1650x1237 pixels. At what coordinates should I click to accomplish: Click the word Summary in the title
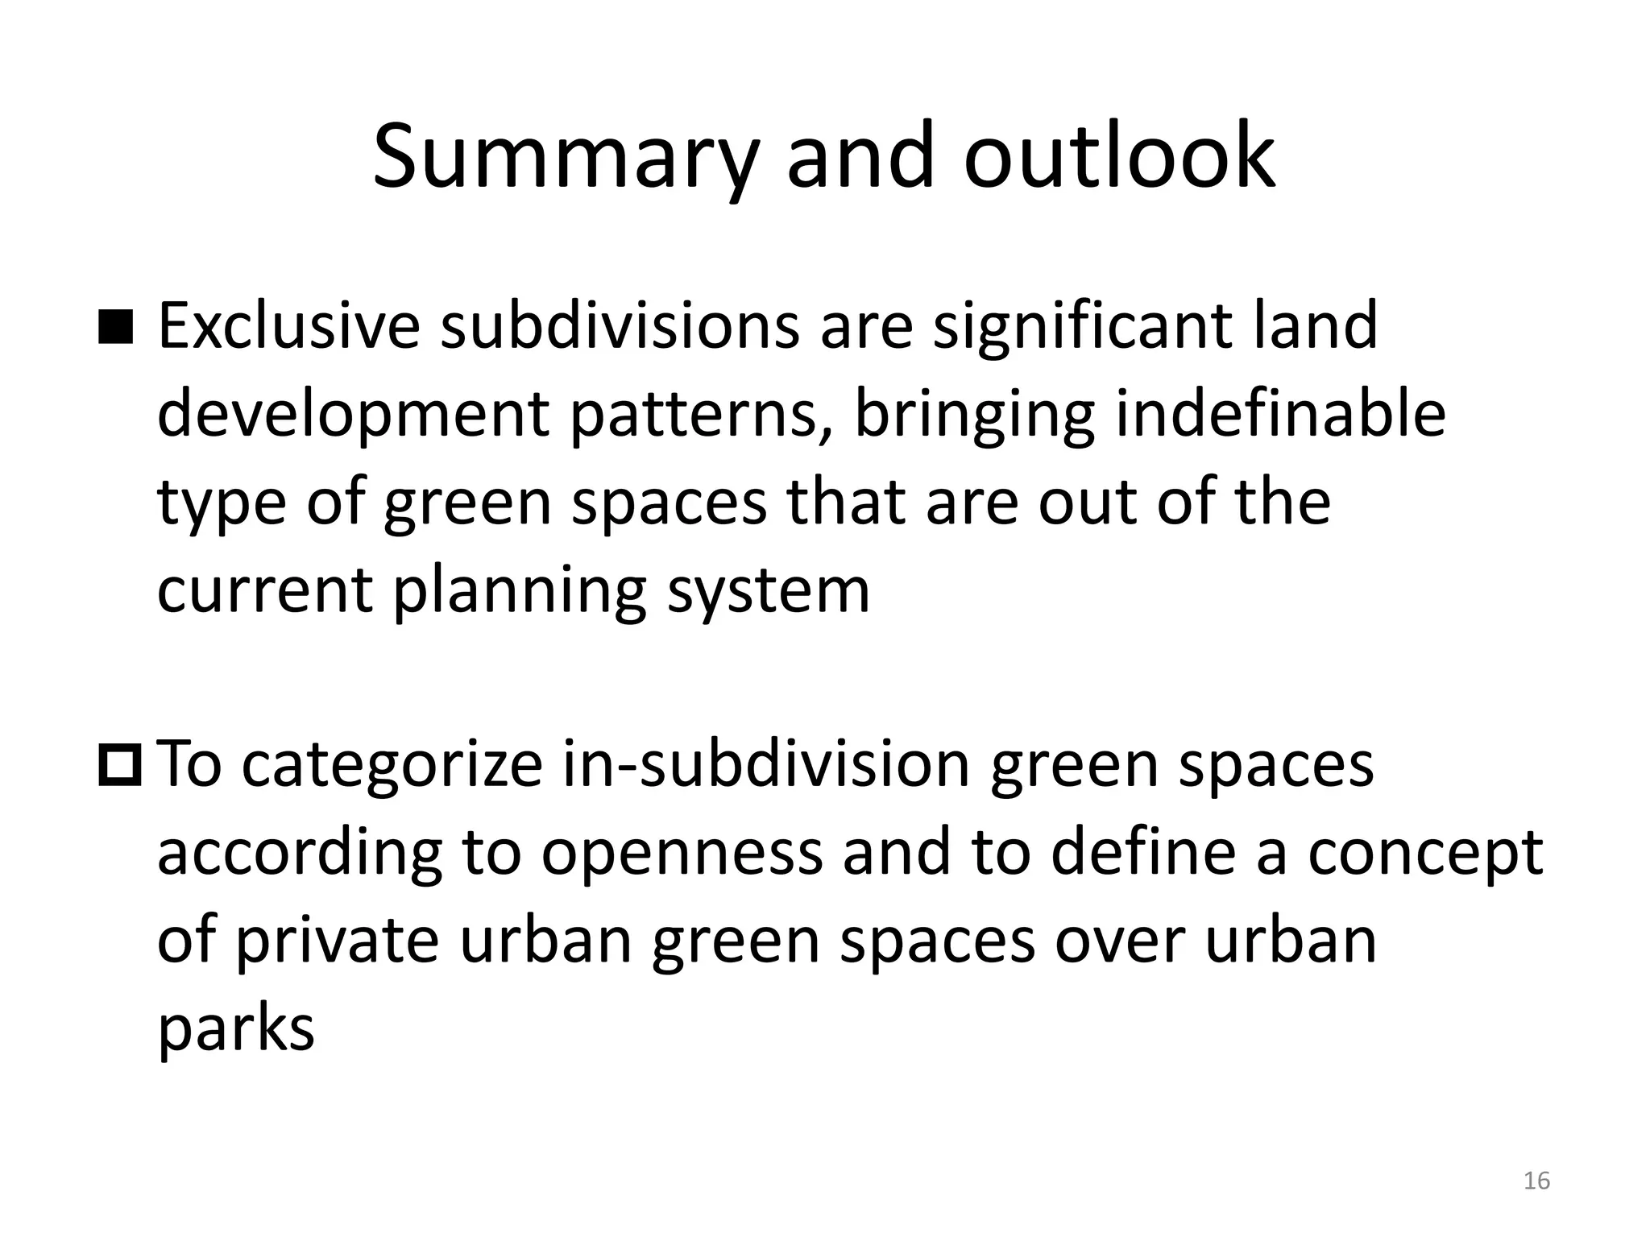pos(563,157)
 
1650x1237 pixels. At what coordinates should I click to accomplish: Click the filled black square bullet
pos(116,328)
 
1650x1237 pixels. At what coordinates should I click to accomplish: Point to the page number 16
pos(1536,1181)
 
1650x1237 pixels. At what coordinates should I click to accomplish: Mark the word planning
pos(520,590)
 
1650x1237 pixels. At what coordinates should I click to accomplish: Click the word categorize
pos(392,766)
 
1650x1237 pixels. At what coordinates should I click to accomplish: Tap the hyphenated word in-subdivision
pos(766,764)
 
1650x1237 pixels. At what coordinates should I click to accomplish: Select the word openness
pos(682,854)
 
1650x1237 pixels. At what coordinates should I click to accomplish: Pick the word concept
pos(1424,854)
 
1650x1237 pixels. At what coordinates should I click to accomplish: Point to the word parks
pos(235,1029)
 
